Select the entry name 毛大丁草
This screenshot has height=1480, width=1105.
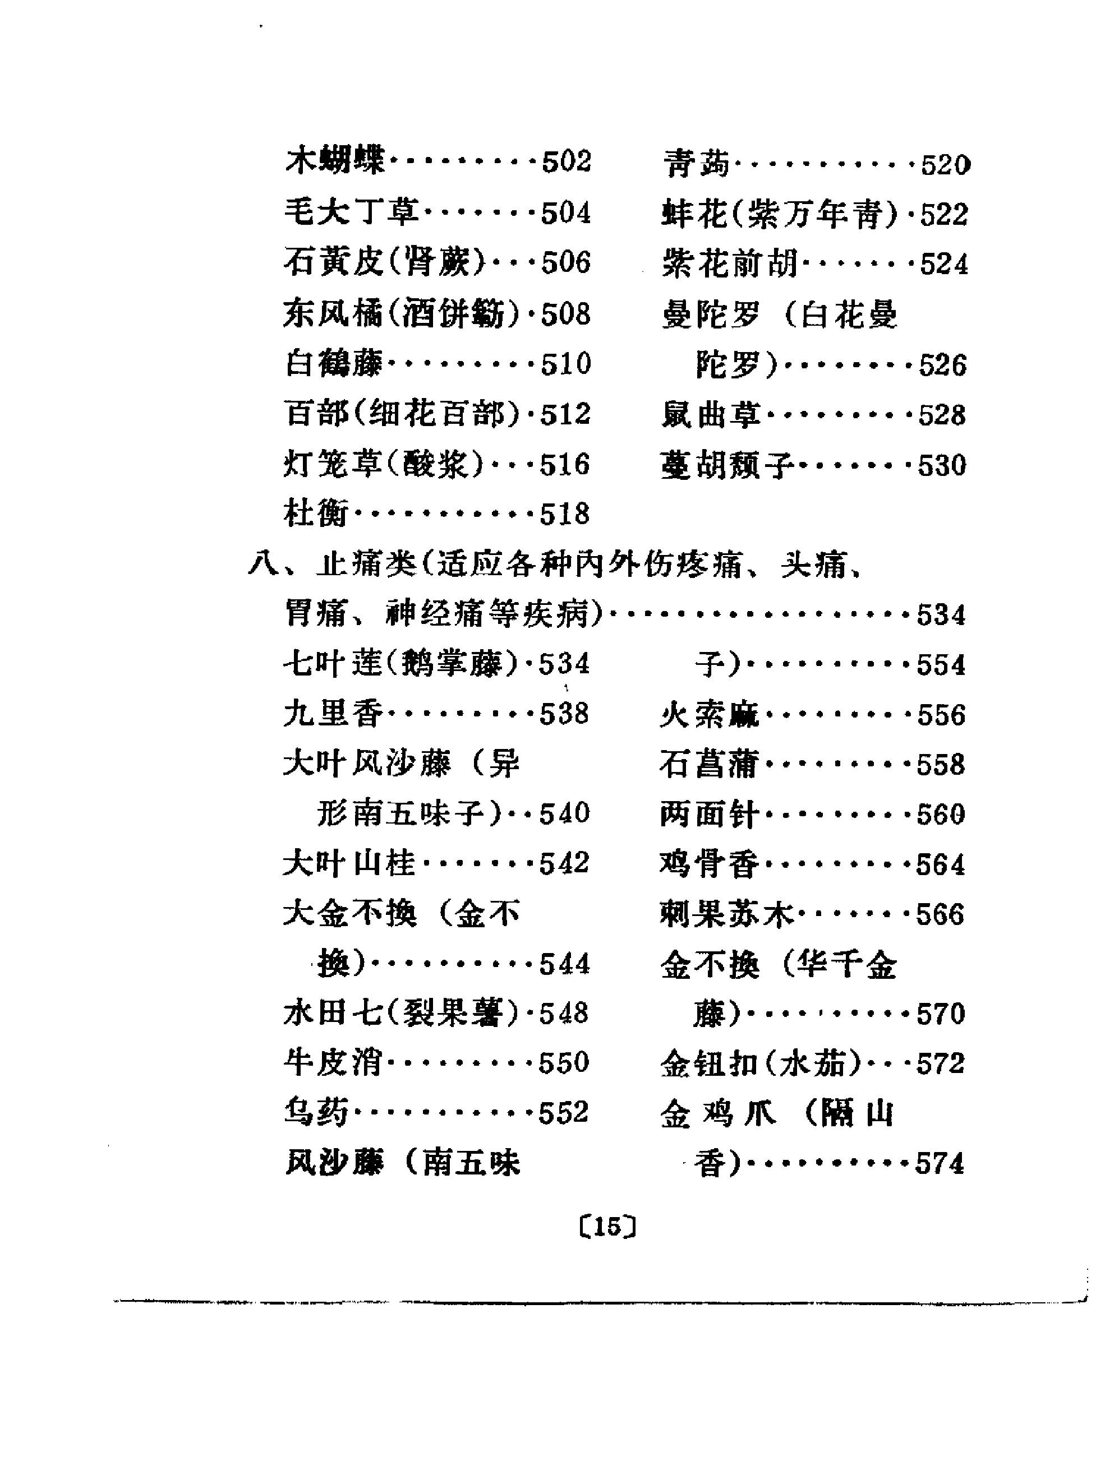point(351,212)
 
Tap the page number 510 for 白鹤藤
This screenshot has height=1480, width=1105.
point(566,364)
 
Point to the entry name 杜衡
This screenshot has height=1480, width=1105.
point(316,514)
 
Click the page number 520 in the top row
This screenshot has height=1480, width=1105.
point(945,164)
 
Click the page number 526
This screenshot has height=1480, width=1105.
point(943,365)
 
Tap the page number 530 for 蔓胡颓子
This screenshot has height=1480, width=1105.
point(942,465)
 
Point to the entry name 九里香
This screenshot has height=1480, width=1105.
point(333,713)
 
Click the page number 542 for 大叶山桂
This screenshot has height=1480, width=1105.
point(564,863)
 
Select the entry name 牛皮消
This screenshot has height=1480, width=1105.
point(333,1062)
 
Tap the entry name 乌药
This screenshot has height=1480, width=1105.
point(316,1112)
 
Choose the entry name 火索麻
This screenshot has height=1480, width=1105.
point(710,715)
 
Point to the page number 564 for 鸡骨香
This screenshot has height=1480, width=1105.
point(941,865)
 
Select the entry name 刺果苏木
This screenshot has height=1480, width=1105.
point(726,914)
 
